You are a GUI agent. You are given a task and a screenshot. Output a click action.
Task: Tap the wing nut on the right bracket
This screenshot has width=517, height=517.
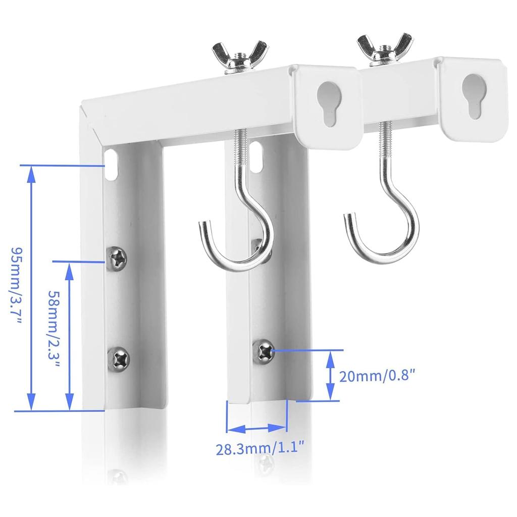coord(384,49)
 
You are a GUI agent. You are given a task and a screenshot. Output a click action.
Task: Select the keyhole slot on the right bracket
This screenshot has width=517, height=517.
coord(473,95)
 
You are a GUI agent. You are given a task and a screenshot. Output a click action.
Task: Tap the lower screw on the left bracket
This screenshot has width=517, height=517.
coord(119,359)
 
